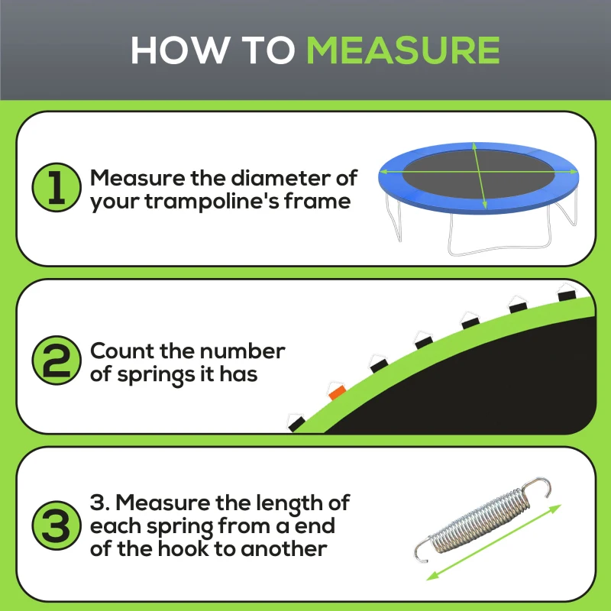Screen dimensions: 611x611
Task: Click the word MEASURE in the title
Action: pyautogui.click(x=402, y=50)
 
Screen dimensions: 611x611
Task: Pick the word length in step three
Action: pyautogui.click(x=290, y=503)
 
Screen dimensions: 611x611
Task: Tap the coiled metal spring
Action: pyautogui.click(x=481, y=519)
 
